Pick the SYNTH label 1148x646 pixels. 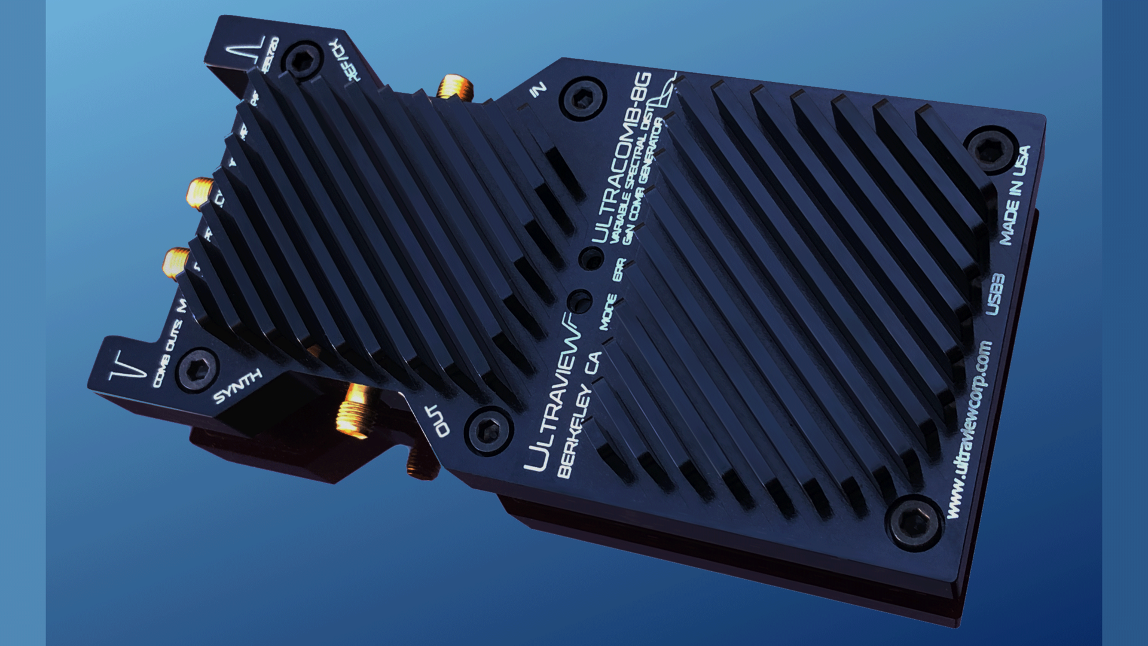[237, 386]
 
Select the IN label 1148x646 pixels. [538, 90]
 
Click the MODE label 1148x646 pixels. [607, 312]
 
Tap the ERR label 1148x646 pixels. [618, 270]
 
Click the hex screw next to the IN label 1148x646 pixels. [582, 98]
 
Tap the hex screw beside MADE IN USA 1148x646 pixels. [991, 150]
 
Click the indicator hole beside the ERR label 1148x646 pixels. [591, 259]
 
